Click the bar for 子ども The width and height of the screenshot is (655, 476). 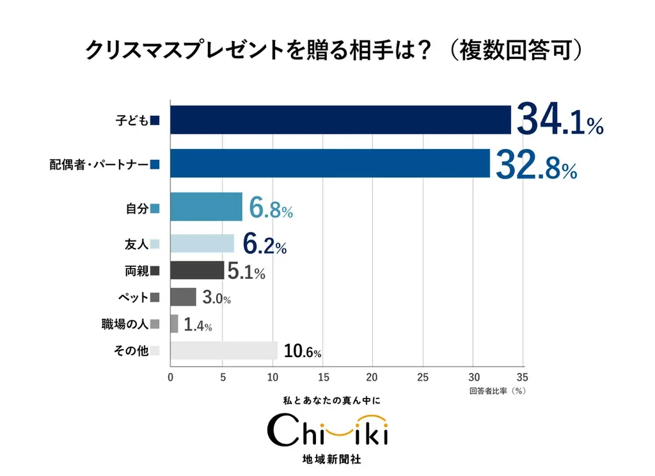(340, 120)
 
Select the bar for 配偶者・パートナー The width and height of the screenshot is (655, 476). (330, 164)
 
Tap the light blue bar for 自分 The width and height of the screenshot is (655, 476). (206, 207)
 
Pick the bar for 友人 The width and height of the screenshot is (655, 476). (202, 244)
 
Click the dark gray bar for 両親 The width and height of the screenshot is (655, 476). (197, 271)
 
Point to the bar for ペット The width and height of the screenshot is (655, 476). (183, 297)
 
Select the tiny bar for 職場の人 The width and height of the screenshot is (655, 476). (174, 324)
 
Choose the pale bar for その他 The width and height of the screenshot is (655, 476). (224, 350)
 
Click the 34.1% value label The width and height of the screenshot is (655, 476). (559, 120)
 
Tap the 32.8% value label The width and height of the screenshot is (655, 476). (536, 164)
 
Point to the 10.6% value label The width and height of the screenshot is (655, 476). (302, 351)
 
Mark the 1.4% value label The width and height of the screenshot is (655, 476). (197, 325)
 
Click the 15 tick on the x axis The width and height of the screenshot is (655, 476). (322, 377)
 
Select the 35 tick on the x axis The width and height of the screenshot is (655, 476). (522, 377)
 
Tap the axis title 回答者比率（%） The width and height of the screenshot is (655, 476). (497, 390)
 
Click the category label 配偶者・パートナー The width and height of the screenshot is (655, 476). (99, 164)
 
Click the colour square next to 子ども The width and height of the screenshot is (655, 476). (155, 120)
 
